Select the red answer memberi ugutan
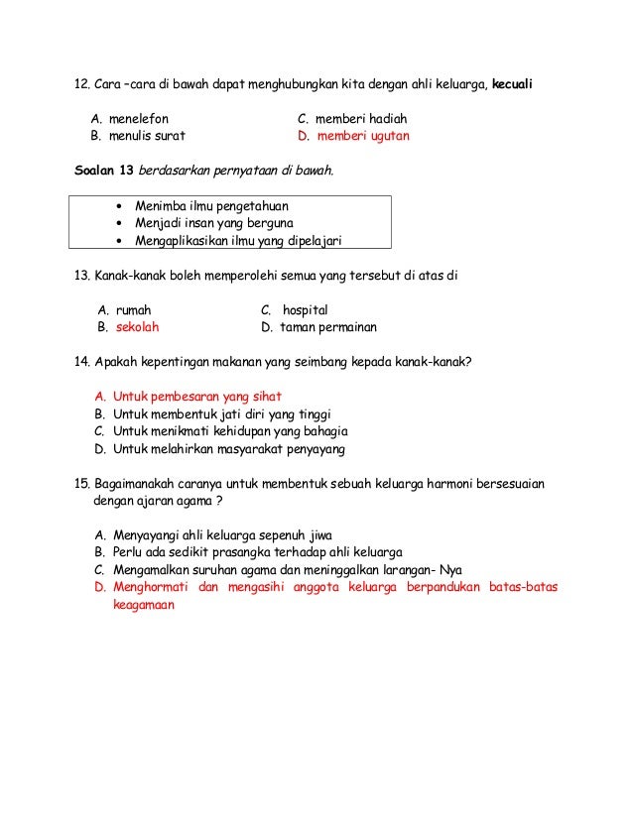click(362, 136)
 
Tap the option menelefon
click(139, 119)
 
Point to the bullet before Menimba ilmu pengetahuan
click(119, 206)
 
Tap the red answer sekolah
click(138, 326)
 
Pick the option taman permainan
click(327, 326)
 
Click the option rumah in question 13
click(135, 309)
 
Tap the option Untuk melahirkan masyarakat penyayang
click(228, 449)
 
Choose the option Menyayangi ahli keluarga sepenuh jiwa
click(222, 534)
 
